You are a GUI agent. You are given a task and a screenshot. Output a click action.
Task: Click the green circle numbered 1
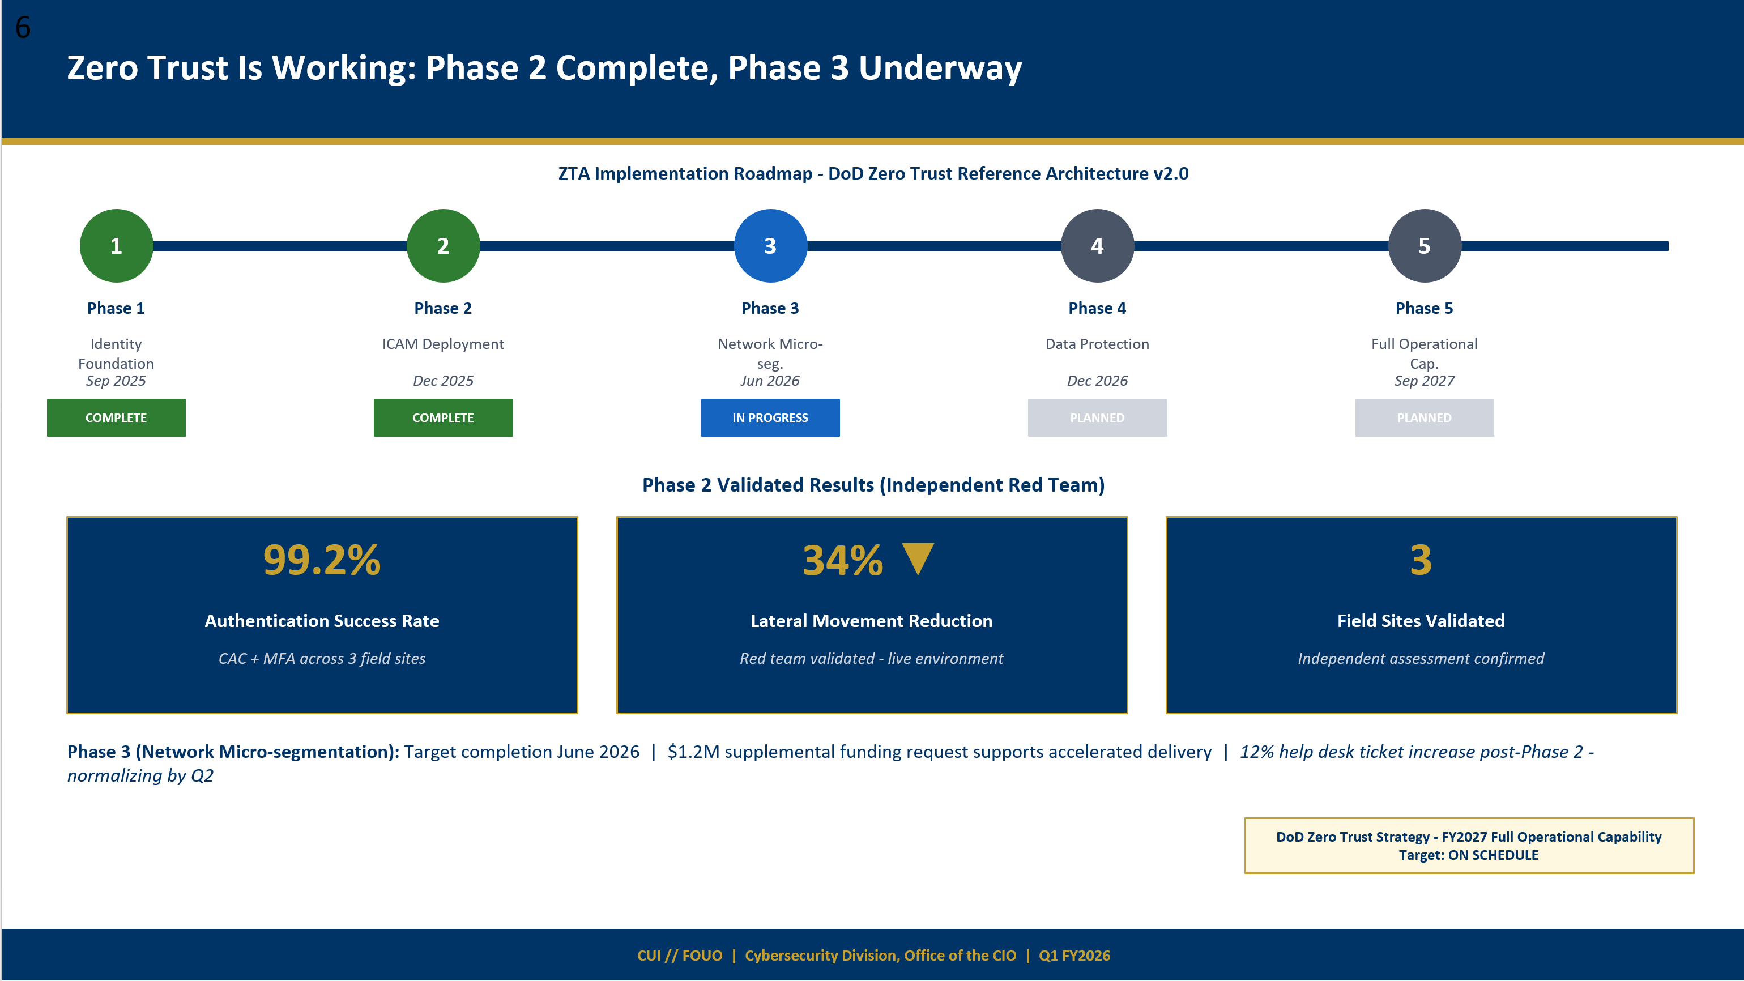coord(116,246)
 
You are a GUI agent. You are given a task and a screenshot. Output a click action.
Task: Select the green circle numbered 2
coord(443,246)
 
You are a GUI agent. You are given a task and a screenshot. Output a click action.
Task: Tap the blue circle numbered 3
coord(770,246)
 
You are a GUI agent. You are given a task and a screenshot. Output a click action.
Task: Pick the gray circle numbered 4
coord(1097,246)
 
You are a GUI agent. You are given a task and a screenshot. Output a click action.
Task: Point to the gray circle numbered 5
coord(1424,246)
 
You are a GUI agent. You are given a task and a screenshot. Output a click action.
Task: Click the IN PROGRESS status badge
coord(770,418)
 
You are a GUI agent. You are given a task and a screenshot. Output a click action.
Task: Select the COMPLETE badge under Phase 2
coord(443,418)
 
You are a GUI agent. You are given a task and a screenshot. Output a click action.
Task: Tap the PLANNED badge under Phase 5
coord(1424,418)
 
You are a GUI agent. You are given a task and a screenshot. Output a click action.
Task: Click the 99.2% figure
coord(322,560)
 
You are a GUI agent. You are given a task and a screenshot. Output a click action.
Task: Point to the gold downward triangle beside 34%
coord(918,558)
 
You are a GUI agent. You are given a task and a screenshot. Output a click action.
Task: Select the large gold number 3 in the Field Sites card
coord(1421,560)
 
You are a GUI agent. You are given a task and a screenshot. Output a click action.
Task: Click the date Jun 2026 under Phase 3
coord(770,381)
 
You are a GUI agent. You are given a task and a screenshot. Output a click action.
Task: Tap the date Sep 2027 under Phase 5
coord(1424,381)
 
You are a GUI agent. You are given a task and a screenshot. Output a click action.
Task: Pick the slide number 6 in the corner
coord(23,28)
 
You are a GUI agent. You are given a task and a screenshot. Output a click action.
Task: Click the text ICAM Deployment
coord(443,344)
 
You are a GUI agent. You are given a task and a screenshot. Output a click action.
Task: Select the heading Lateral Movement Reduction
coord(871,621)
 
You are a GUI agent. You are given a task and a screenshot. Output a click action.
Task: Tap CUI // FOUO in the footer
coord(679,956)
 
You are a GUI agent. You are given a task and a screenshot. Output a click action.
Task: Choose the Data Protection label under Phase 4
coord(1097,344)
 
